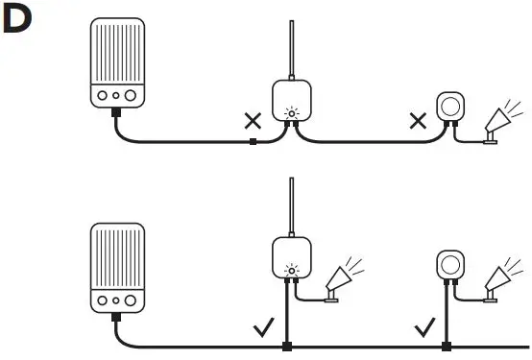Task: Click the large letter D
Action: (x=21, y=23)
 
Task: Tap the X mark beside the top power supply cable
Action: (x=253, y=122)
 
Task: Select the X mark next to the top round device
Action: (x=418, y=122)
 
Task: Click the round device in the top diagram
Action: (x=449, y=108)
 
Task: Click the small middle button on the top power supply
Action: (x=115, y=96)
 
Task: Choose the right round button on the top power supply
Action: (x=131, y=96)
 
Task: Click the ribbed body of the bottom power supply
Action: (x=116, y=254)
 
